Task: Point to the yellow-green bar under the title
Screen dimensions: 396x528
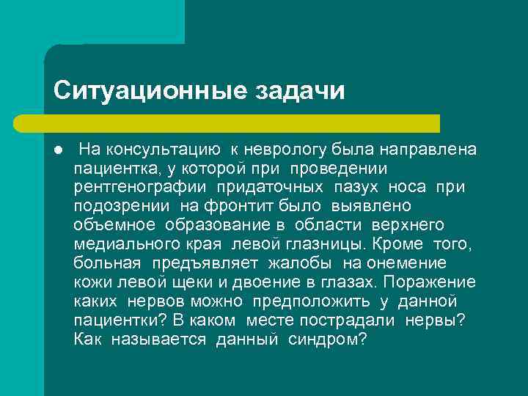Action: pos(241,123)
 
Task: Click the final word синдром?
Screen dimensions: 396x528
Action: pos(327,340)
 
